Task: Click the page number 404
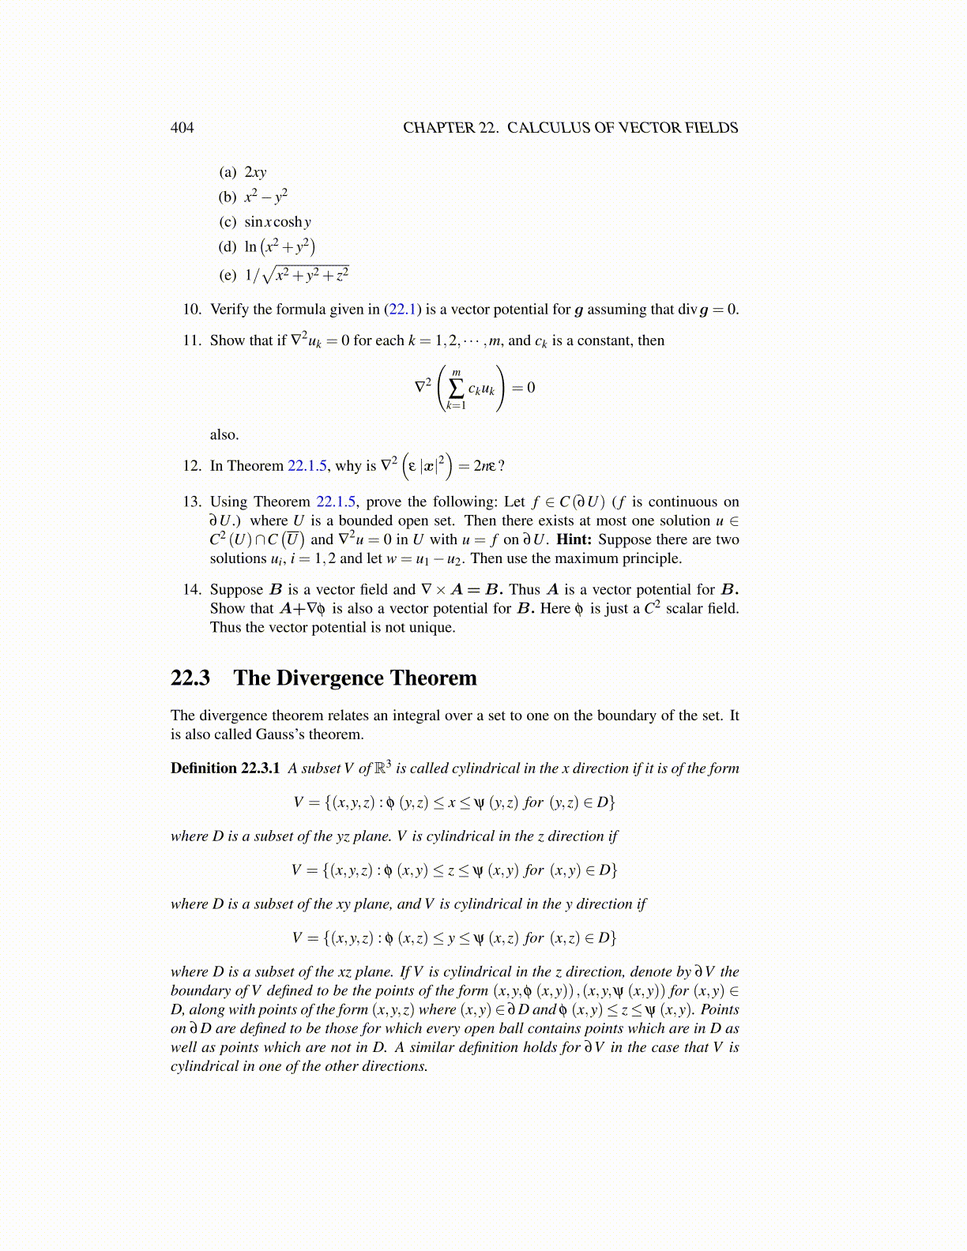[x=182, y=128]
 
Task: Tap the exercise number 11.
[x=192, y=341]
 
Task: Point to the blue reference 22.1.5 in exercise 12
[x=307, y=466]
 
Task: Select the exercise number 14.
[x=192, y=590]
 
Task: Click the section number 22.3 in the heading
[x=190, y=678]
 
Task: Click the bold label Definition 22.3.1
[x=225, y=768]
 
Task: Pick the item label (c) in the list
[x=228, y=222]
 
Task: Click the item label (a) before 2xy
[x=228, y=172]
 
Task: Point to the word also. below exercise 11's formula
[x=224, y=435]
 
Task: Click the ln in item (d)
[x=250, y=247]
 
